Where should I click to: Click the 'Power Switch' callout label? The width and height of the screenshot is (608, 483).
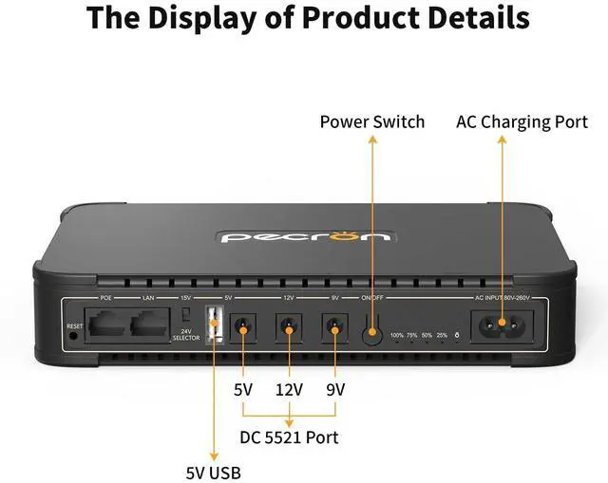[x=371, y=121]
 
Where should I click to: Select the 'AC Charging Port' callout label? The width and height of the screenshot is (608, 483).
[x=522, y=121]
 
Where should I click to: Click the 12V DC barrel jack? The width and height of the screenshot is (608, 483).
[x=289, y=329]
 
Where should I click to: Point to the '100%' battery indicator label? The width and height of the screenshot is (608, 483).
[x=397, y=336]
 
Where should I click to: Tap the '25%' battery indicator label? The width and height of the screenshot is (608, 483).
[x=442, y=336]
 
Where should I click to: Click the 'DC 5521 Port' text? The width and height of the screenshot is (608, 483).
[x=290, y=437]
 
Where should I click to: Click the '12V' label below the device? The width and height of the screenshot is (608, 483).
[x=289, y=389]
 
